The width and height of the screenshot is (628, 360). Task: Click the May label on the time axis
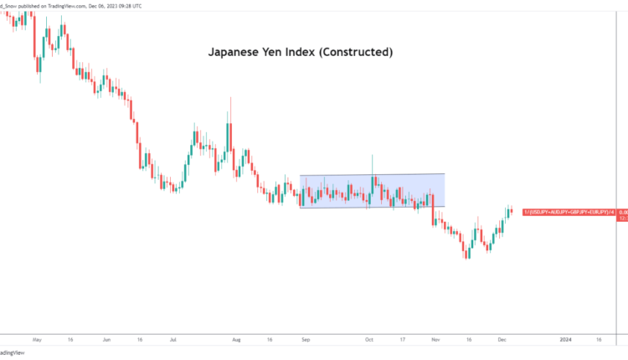[x=35, y=341]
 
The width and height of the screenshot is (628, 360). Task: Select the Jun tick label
[x=106, y=341]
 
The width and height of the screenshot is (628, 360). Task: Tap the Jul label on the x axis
[x=172, y=341]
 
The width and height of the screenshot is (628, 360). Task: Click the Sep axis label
[x=306, y=341]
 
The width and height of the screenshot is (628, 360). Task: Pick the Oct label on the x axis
[x=369, y=341]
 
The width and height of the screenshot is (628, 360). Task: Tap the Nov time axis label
[x=435, y=341]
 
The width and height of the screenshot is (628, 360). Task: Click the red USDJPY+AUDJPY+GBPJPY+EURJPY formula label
[x=569, y=213]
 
